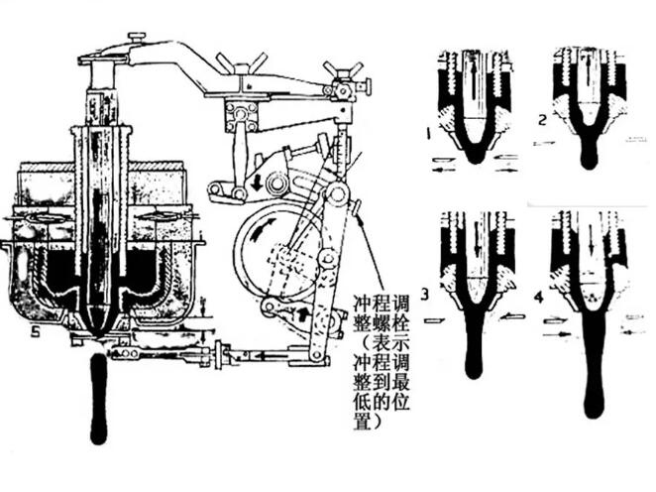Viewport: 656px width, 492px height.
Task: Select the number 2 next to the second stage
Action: tap(542, 121)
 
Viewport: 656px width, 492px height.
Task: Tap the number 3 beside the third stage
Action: tap(424, 293)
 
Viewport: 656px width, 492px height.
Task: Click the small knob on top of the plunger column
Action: tap(135, 38)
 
